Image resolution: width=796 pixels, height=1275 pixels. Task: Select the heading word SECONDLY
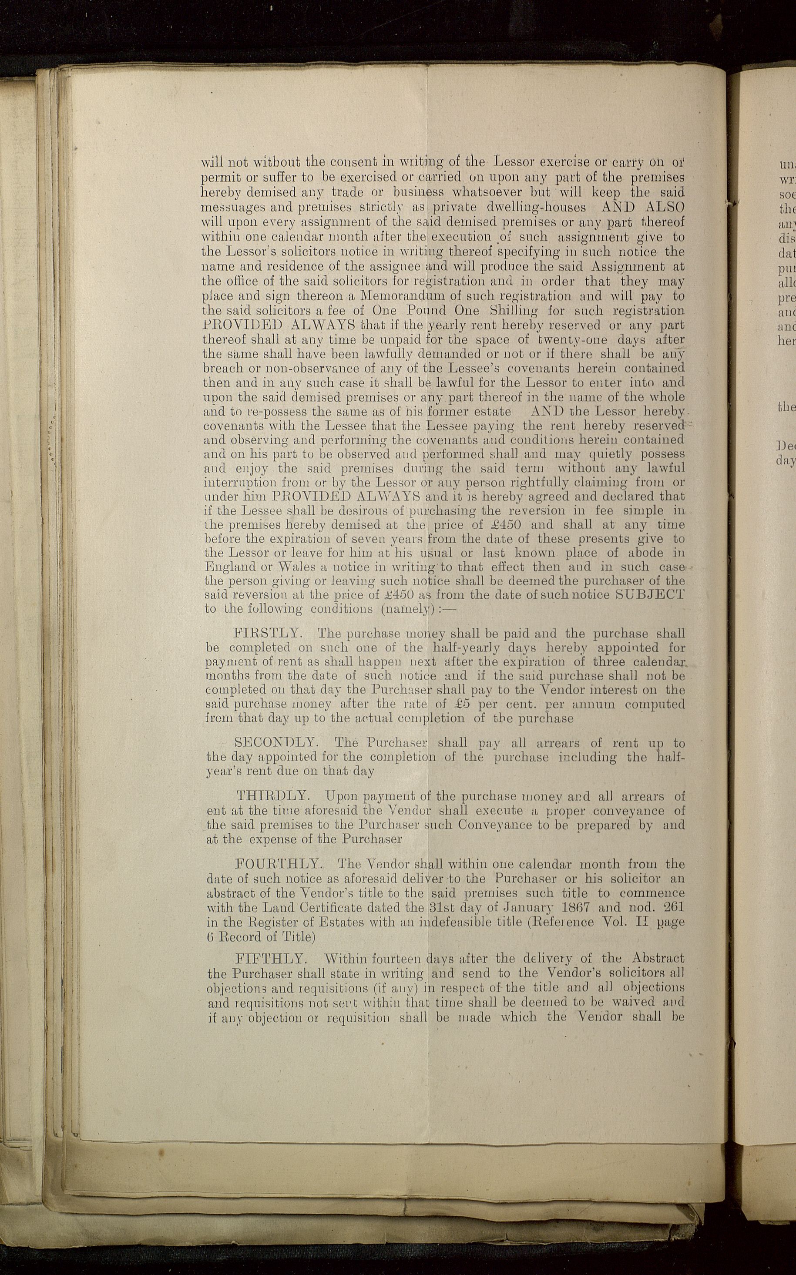(x=275, y=743)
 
